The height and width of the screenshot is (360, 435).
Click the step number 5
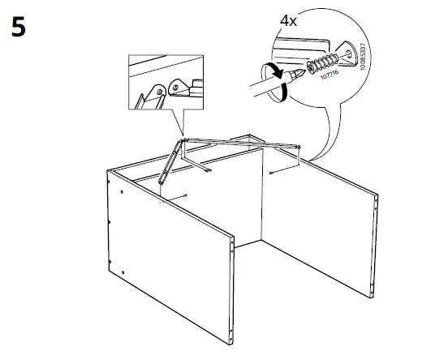[x=18, y=27]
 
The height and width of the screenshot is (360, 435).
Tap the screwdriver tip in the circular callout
[x=301, y=74]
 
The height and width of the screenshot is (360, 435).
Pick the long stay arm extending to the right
[x=243, y=144]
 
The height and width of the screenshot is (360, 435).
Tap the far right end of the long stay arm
[x=299, y=149]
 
